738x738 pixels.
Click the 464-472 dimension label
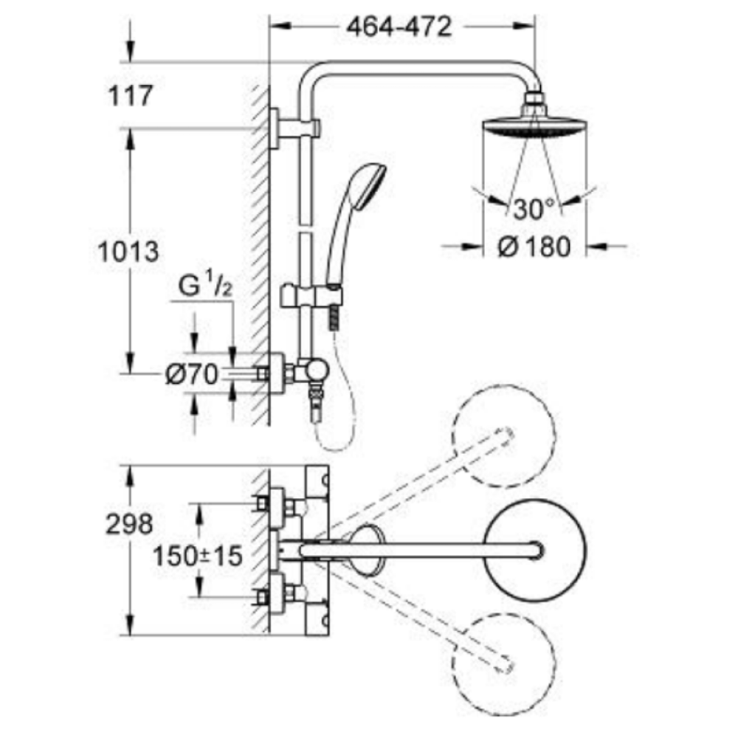click(399, 27)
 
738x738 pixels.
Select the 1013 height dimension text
click(128, 252)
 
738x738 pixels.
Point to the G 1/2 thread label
click(205, 287)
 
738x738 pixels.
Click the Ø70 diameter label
click(191, 376)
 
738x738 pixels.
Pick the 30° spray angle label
click(534, 209)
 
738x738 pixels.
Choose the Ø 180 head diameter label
click(534, 247)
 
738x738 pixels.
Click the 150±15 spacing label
click(198, 556)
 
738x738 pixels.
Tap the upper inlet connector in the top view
click(276, 505)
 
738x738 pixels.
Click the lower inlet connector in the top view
click(276, 593)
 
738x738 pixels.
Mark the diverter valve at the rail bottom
click(316, 369)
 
